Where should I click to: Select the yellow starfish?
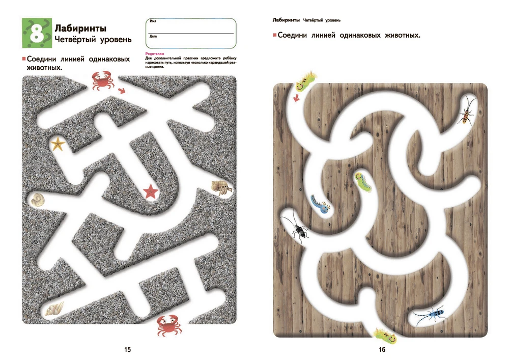[x=58, y=144]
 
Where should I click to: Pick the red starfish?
[x=151, y=191]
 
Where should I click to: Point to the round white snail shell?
[x=38, y=199]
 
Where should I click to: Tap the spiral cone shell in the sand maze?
[x=54, y=309]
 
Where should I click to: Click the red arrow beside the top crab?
[x=122, y=90]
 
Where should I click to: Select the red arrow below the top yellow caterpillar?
[x=296, y=98]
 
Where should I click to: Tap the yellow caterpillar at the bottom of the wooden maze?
[x=386, y=336]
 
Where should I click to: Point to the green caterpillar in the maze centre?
[x=363, y=182]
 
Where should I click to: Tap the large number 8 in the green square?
[x=37, y=33]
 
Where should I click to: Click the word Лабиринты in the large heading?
[x=80, y=28]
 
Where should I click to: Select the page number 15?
[x=127, y=349]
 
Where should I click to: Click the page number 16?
[x=382, y=349]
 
